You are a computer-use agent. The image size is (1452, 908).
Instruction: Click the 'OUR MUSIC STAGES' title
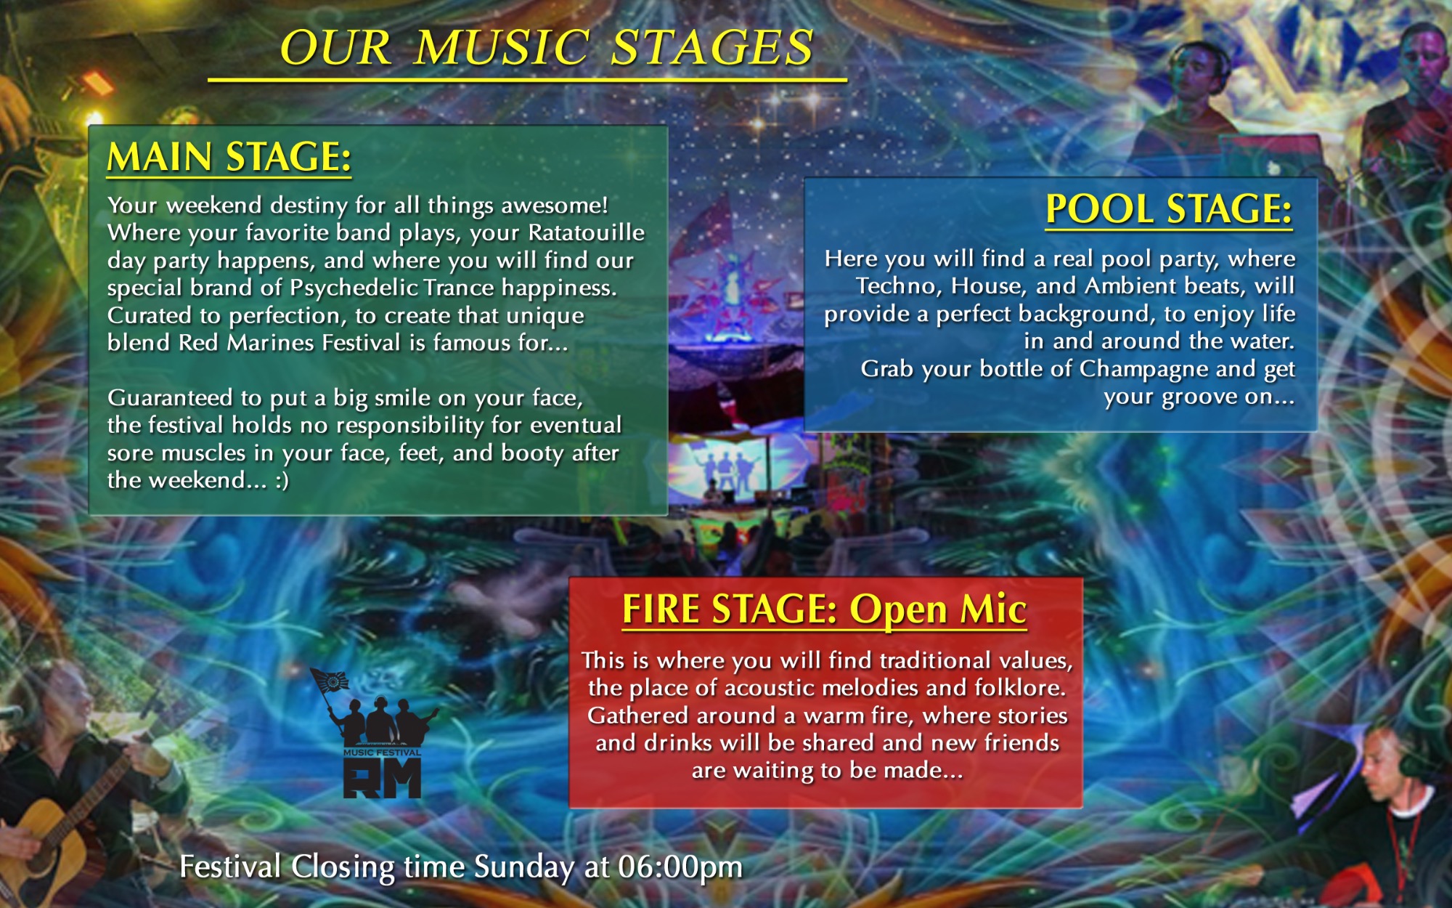(x=547, y=48)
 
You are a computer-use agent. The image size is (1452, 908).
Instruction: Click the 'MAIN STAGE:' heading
(x=229, y=157)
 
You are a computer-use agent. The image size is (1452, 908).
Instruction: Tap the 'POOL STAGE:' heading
(x=1169, y=209)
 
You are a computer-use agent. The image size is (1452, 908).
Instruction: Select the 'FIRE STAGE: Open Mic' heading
(x=825, y=609)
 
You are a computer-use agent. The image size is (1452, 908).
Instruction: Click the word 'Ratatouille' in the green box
(x=587, y=232)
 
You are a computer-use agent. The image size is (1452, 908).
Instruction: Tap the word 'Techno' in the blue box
(x=897, y=286)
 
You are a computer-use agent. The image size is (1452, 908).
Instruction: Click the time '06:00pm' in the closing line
(x=680, y=867)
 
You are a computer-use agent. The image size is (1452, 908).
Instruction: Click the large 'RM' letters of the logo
(x=383, y=779)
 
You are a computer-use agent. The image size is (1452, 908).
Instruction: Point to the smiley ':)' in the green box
(x=282, y=480)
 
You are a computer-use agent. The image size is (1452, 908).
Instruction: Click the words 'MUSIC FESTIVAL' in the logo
(x=382, y=753)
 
